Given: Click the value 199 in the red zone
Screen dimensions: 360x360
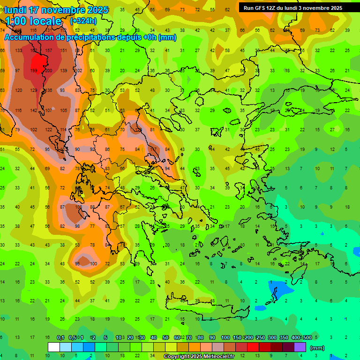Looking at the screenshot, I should (x=34, y=71).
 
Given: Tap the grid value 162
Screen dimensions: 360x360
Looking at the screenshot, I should (x=34, y=50).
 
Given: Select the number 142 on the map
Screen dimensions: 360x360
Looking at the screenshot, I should (x=34, y=111).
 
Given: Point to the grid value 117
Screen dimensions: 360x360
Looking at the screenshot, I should (x=153, y=149).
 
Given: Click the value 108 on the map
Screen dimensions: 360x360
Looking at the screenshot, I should (x=79, y=207).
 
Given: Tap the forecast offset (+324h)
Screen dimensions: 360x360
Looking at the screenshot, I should (x=83, y=21).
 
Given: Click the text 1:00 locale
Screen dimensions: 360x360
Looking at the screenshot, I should (x=33, y=21).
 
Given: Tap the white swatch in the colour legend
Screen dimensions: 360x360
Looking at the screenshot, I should (x=54, y=347).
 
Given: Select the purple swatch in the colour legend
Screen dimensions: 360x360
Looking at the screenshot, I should (x=300, y=347).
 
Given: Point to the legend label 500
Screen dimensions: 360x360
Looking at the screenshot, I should (x=307, y=337).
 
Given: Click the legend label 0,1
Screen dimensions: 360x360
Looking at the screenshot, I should (x=60, y=337).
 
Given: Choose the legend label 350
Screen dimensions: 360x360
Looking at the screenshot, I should (x=284, y=337).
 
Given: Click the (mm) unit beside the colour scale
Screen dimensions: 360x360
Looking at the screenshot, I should (x=317, y=348).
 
